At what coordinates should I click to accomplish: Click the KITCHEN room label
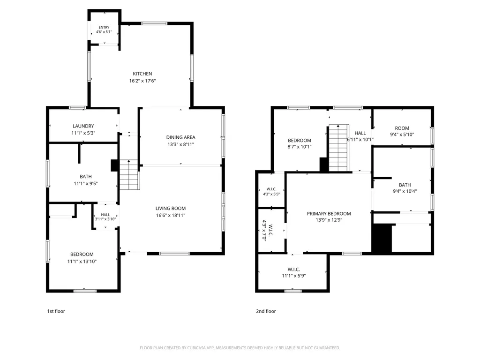142,74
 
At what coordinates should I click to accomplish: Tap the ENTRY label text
104,27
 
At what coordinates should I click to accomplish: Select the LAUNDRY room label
83,126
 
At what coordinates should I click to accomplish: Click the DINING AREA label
180,137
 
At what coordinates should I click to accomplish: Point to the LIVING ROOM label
171,209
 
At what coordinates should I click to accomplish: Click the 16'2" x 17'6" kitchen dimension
142,81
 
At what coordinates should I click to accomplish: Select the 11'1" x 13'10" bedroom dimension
82,262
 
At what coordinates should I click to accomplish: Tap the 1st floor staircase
129,174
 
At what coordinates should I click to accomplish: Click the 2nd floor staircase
338,148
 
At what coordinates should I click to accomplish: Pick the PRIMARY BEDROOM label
329,214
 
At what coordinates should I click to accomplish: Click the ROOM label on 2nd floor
402,128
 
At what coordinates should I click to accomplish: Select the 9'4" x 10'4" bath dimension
405,191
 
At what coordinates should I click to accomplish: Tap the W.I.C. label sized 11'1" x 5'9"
293,270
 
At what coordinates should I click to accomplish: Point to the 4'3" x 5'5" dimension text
271,194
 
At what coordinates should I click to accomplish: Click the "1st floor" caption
56,311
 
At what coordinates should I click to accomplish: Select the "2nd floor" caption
266,311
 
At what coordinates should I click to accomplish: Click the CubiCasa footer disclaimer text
240,348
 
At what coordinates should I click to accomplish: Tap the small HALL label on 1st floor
105,215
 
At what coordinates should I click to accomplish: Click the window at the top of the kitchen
154,23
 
